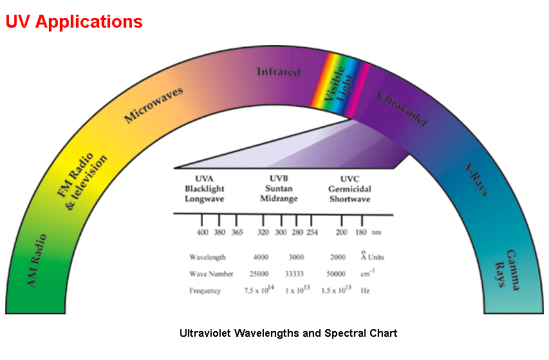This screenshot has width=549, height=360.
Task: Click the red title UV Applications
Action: pos(74,22)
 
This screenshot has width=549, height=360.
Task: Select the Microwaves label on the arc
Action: pos(154,105)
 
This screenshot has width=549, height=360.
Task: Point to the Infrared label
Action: pos(279,71)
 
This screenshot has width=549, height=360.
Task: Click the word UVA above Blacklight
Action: pos(204,178)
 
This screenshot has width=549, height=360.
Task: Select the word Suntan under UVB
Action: pos(279,189)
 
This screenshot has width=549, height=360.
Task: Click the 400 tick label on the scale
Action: pos(203,232)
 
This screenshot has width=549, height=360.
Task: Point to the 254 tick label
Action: pos(312,232)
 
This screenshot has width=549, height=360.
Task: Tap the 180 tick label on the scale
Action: pos(361,232)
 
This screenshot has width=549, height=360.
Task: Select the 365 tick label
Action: pos(237,232)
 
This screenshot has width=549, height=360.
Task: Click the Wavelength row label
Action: pos(207,257)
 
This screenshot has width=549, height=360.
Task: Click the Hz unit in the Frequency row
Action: pos(366,291)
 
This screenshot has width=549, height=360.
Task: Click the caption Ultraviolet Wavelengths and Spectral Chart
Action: pos(288,334)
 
